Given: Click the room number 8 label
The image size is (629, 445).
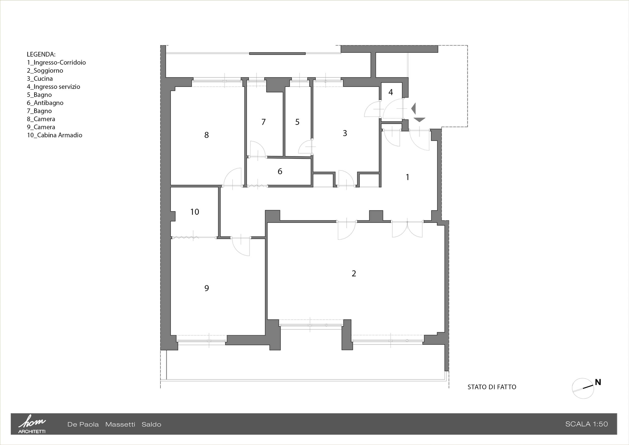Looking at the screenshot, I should pyautogui.click(x=207, y=135).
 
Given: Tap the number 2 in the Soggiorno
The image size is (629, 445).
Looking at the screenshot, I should pyautogui.click(x=354, y=273).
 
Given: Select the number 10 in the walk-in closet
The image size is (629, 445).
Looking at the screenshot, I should pyautogui.click(x=195, y=212).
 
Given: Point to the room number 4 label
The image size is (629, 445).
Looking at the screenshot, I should pyautogui.click(x=391, y=92).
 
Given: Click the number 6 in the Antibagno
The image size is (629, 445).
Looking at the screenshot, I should pyautogui.click(x=280, y=171).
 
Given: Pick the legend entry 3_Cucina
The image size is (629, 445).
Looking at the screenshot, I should pyautogui.click(x=40, y=79).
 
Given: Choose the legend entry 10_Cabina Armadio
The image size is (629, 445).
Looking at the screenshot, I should pyautogui.click(x=55, y=135).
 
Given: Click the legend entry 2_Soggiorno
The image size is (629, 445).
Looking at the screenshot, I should pyautogui.click(x=45, y=71).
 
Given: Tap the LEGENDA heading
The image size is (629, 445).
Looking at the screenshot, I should pyautogui.click(x=41, y=54).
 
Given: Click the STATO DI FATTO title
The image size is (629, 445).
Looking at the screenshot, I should pyautogui.click(x=492, y=387).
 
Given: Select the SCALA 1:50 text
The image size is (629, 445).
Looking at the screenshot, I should pyautogui.click(x=586, y=424).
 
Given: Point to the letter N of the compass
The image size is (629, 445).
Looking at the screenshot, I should pyautogui.click(x=598, y=382).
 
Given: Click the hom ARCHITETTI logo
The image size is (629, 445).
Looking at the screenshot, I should pyautogui.click(x=32, y=424).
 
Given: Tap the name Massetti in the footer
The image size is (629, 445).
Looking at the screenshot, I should pyautogui.click(x=120, y=424).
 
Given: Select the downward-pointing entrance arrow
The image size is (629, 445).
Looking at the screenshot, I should pyautogui.click(x=419, y=119).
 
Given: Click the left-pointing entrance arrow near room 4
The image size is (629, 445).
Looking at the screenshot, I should pyautogui.click(x=414, y=108).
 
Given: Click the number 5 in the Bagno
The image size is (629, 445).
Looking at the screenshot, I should pyautogui.click(x=297, y=122).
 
